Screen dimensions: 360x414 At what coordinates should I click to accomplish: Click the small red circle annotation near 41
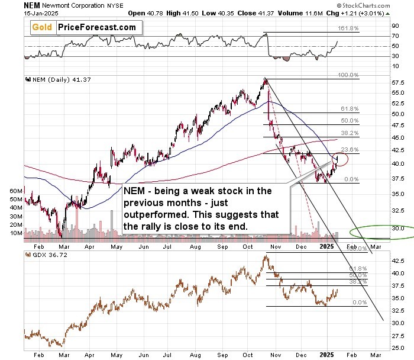(340, 158)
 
